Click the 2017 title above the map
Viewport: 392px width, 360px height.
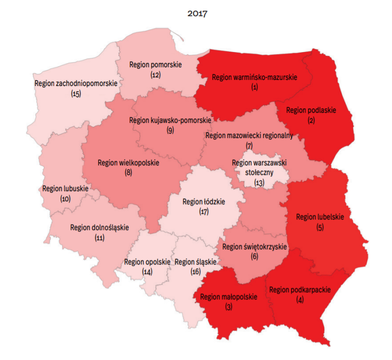click(x=197, y=14)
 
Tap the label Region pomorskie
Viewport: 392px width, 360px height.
click(x=155, y=65)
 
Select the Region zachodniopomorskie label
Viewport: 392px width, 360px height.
click(x=76, y=83)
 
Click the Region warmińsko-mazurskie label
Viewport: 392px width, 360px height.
click(x=255, y=77)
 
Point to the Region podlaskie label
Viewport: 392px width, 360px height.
click(x=311, y=110)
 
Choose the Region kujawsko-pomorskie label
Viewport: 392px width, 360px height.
click(x=170, y=120)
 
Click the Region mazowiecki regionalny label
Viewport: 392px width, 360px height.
click(x=249, y=136)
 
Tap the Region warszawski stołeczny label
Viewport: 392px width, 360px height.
click(x=259, y=167)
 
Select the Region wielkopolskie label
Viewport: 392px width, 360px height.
click(x=128, y=163)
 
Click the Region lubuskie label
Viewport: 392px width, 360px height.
click(x=66, y=189)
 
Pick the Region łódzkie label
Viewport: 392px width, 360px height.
click(x=204, y=202)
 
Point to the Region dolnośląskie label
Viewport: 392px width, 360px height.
click(x=100, y=228)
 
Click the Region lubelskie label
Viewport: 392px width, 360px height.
click(x=320, y=217)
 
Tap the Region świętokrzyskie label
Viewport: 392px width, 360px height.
click(x=255, y=247)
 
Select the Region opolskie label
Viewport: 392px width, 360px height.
click(x=147, y=262)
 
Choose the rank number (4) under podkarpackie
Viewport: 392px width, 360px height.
click(x=300, y=300)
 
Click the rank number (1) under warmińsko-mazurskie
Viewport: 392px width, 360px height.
click(x=254, y=87)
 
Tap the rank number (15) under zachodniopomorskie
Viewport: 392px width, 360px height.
click(x=76, y=94)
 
